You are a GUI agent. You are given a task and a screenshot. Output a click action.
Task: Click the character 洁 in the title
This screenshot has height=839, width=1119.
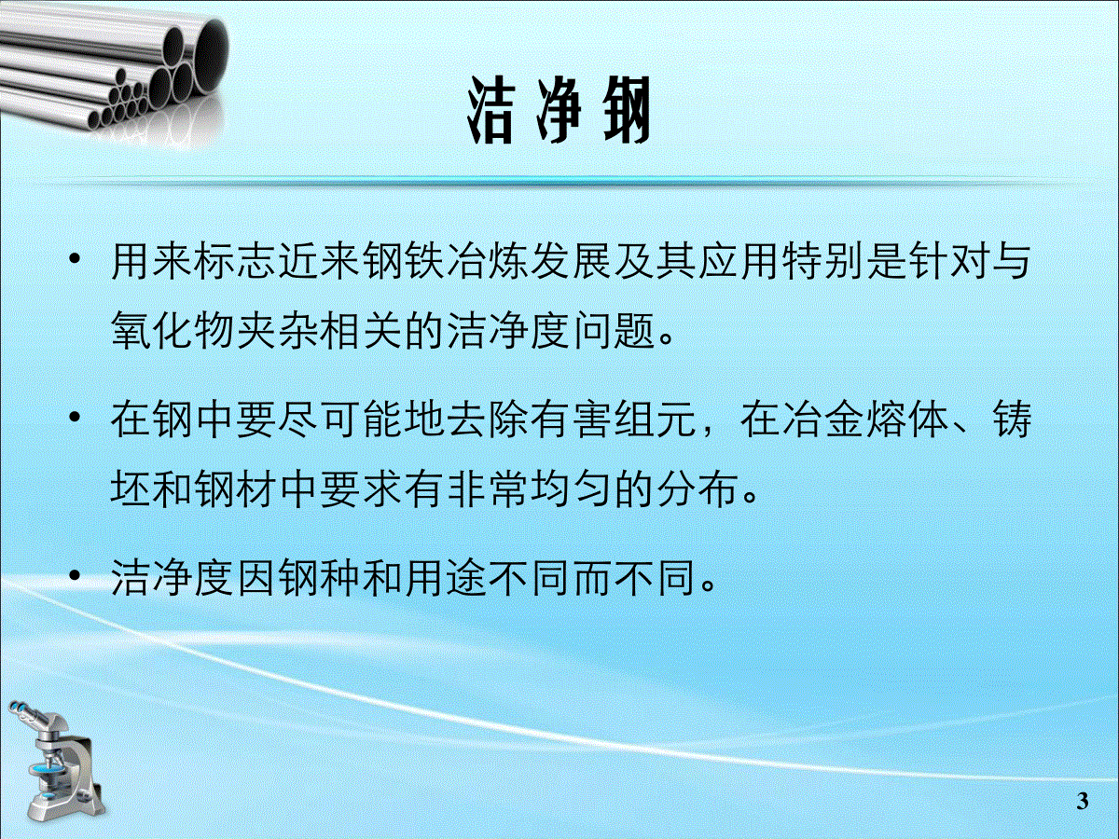tap(490, 111)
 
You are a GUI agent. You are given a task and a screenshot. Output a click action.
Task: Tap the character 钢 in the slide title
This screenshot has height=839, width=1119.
tap(626, 111)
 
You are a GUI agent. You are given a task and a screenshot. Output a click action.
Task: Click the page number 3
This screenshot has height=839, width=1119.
tap(1083, 802)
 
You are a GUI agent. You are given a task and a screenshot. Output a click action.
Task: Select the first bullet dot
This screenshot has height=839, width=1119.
tap(75, 259)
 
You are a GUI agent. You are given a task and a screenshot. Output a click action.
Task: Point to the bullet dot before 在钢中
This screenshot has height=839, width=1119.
tap(75, 418)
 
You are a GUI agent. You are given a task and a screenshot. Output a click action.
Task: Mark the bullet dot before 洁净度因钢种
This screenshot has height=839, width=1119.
tap(75, 575)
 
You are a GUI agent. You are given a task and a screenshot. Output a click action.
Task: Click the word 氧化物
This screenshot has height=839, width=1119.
tap(173, 330)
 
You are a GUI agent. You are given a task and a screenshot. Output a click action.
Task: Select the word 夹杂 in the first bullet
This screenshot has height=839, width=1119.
tap(279, 330)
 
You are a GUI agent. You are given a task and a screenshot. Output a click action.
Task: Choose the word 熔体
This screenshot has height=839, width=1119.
tap(908, 420)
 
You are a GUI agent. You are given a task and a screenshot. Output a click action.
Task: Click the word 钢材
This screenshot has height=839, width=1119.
tap(237, 489)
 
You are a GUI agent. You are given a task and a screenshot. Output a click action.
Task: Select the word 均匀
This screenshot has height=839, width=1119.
tap(572, 489)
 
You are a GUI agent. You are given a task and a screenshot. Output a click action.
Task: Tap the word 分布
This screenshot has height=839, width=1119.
tap(698, 489)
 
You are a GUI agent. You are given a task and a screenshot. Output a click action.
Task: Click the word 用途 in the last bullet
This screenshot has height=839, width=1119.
tap(447, 578)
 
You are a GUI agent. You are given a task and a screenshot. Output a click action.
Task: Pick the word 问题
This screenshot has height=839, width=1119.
tap(615, 330)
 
